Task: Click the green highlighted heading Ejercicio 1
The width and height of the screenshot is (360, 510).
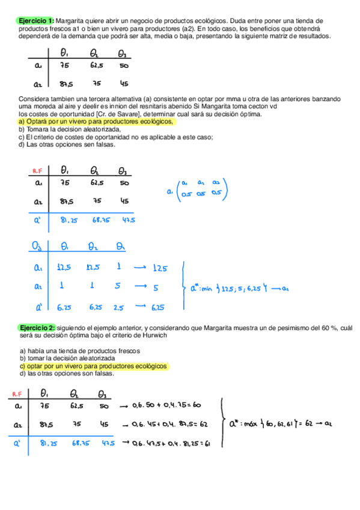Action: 35,20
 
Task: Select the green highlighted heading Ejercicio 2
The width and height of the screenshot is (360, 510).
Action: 35,327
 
